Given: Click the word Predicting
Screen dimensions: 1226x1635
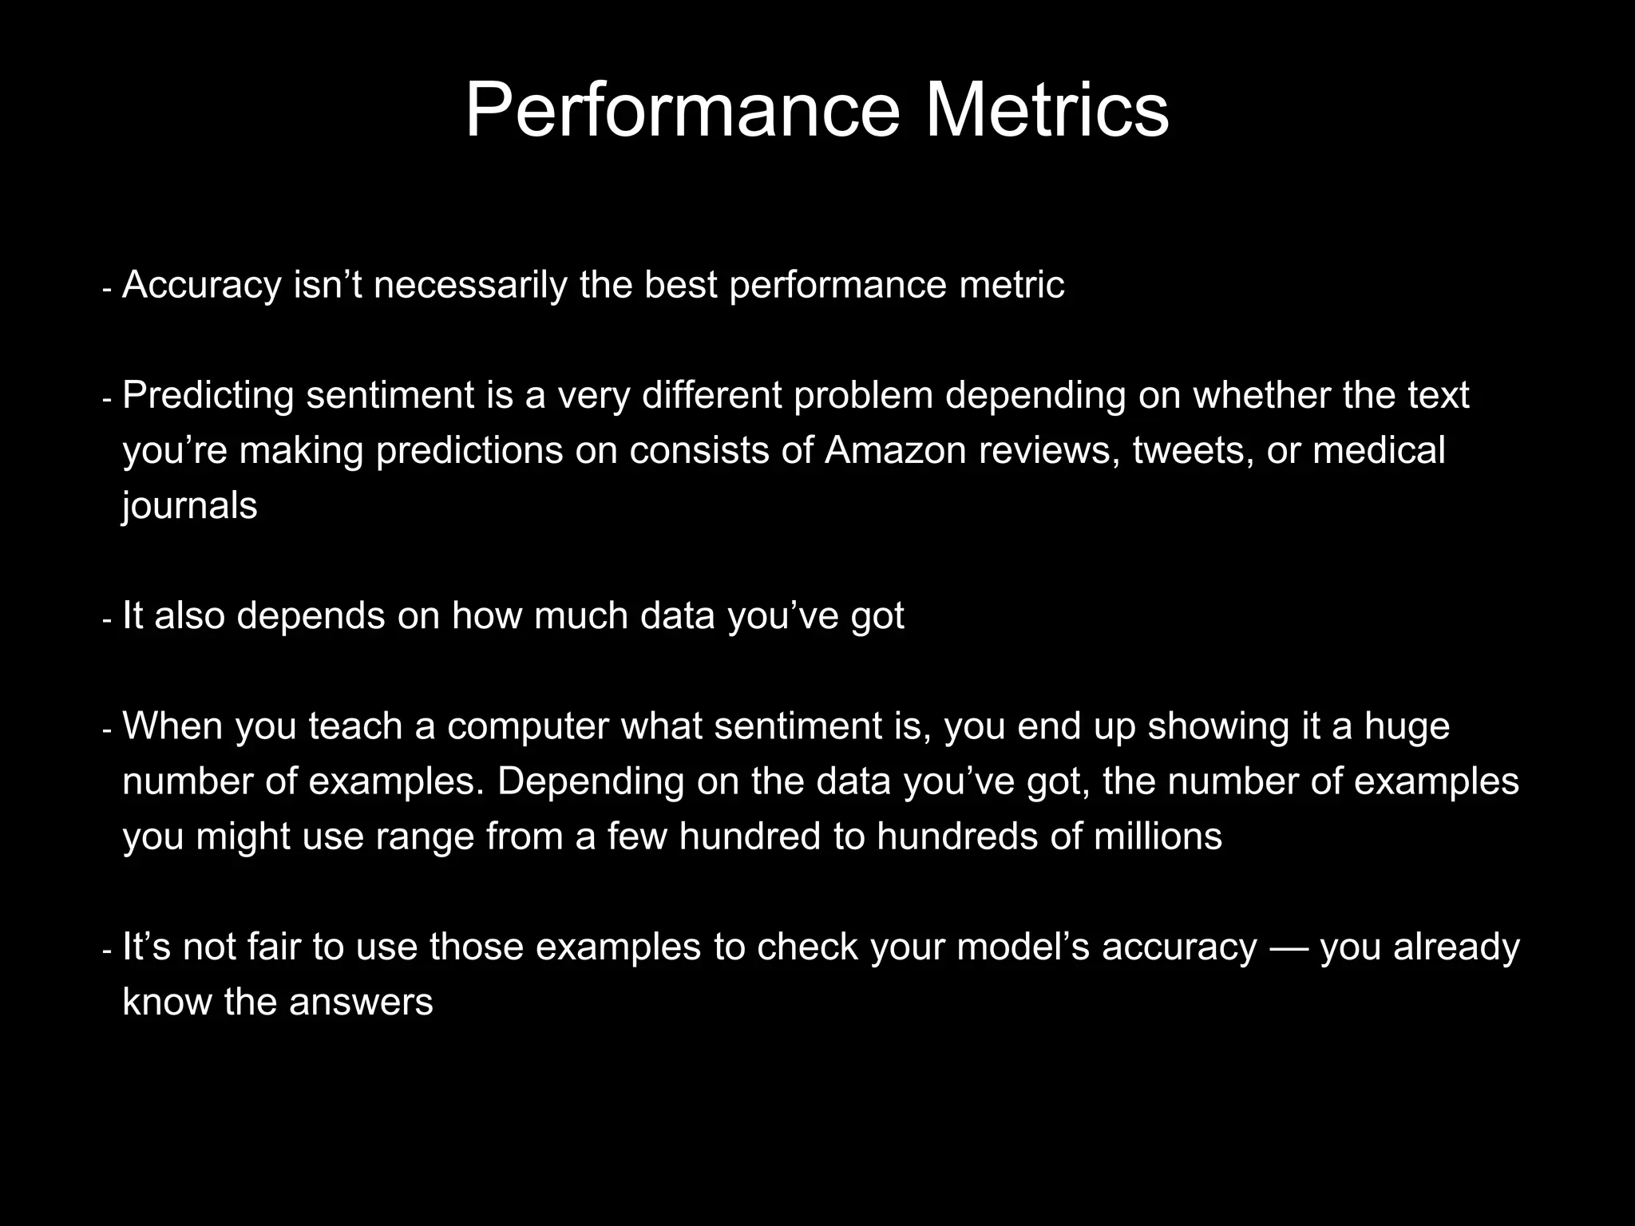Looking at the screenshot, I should pos(208,396).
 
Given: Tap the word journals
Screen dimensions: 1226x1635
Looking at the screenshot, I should pos(190,506).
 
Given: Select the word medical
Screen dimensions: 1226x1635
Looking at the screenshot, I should pos(1379,451).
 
